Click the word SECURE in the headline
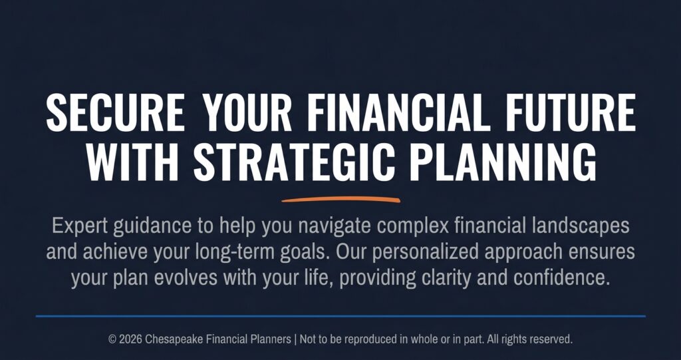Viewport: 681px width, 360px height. tap(115, 112)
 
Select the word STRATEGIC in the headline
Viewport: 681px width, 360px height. tap(294, 162)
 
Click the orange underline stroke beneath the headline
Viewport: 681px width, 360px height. tap(341, 200)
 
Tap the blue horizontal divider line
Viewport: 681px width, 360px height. tap(340, 316)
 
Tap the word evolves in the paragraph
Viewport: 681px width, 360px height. tap(186, 278)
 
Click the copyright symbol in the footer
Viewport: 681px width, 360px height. tap(112, 339)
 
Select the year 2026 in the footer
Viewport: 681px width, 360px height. tap(130, 339)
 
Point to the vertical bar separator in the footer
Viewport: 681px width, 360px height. tap(295, 339)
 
